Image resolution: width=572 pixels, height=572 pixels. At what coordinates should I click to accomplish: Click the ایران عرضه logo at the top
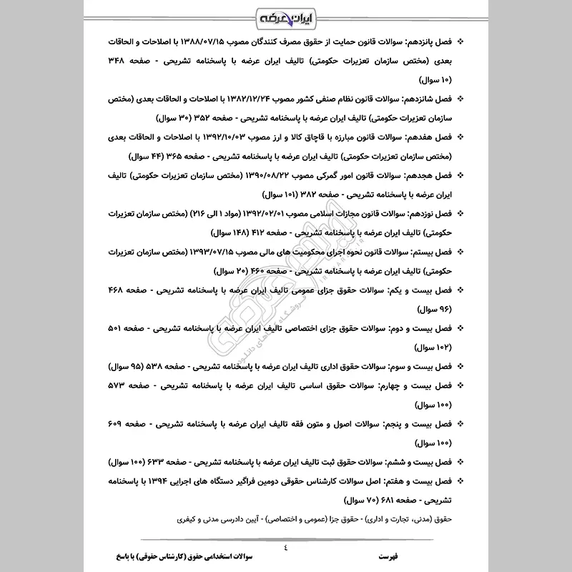[x=286, y=16]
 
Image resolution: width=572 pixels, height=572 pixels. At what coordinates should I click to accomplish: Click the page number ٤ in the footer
[x=286, y=547]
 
